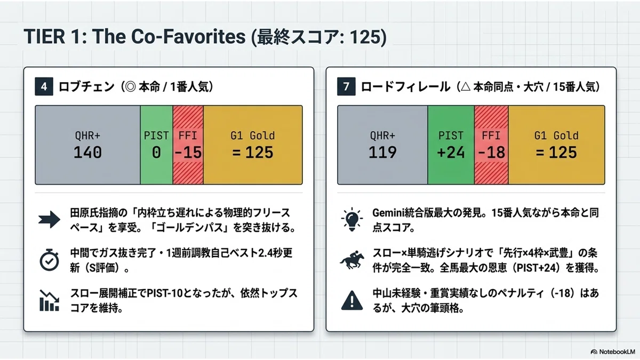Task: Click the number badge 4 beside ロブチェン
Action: [44, 86]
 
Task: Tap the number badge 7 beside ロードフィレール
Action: [346, 86]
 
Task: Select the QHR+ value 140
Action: [87, 153]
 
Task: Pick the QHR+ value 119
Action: [382, 153]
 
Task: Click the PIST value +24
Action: [451, 153]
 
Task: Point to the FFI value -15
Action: [188, 153]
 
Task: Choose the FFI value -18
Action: [491, 153]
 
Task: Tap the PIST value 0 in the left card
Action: [156, 153]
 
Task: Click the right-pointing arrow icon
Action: [49, 220]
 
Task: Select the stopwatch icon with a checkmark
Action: [49, 260]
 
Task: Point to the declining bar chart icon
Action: [49, 300]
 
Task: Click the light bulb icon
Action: [352, 219]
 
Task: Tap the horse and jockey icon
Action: [352, 260]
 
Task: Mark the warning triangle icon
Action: [352, 301]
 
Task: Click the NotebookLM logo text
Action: [617, 351]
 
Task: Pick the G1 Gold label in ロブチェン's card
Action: [253, 135]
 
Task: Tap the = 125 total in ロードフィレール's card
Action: [556, 153]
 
